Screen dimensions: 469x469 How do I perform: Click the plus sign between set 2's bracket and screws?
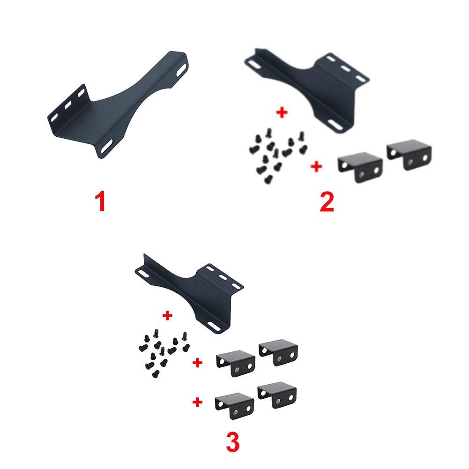[x=282, y=113]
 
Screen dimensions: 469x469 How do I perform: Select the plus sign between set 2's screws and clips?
[x=317, y=166]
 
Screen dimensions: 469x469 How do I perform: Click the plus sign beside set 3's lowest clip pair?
[x=198, y=402]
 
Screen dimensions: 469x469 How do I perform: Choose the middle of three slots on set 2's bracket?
[x=347, y=68]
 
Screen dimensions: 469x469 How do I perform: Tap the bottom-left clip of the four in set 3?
[x=234, y=406]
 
